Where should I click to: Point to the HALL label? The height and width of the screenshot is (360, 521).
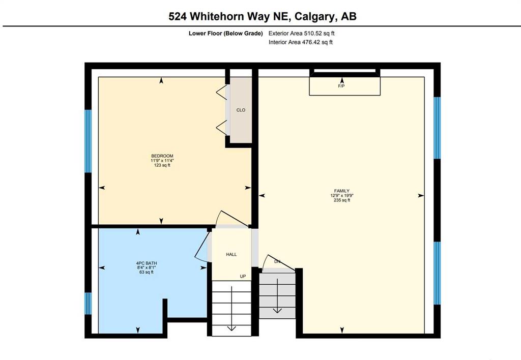tap(231, 255)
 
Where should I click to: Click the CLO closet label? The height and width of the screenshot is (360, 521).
tap(241, 110)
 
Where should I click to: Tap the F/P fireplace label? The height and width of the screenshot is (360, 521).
tap(342, 86)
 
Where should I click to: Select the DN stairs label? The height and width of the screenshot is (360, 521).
tap(277, 262)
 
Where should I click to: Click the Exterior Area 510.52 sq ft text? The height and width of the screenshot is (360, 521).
tap(301, 34)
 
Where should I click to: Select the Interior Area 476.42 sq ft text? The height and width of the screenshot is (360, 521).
tap(300, 42)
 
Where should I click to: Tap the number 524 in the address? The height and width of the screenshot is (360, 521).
tap(180, 16)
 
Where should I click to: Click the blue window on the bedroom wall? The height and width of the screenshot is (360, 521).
tap(88, 141)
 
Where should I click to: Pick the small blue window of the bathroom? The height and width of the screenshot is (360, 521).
tap(88, 303)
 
